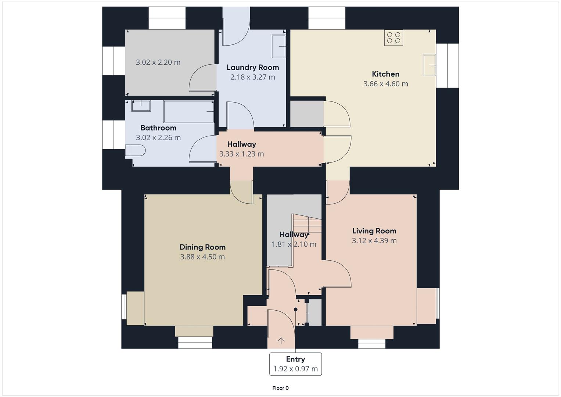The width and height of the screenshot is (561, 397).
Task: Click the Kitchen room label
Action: (385, 74)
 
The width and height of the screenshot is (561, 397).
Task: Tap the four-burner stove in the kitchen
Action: (393, 38)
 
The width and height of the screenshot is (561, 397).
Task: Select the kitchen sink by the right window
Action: (429, 65)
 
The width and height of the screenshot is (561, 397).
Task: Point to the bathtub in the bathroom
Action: (188, 111)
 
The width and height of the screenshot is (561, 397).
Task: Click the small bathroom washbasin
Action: (141, 106)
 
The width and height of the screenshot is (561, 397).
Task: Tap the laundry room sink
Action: (278, 46)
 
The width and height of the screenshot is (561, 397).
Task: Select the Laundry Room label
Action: (252, 67)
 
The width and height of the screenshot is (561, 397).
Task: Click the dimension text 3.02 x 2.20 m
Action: (158, 62)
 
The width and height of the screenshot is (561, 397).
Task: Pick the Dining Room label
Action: (202, 247)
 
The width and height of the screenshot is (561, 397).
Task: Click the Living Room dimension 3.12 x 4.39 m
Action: (374, 240)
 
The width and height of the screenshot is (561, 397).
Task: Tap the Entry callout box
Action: (295, 364)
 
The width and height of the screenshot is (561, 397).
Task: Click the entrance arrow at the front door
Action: (281, 341)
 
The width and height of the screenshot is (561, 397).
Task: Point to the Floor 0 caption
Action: (280, 388)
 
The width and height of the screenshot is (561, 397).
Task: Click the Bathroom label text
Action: (158, 128)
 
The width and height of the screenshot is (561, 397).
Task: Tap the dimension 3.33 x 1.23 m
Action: (241, 154)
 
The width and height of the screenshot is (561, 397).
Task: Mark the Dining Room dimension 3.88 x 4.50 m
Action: (202, 257)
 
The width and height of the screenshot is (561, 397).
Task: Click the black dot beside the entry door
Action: (295, 310)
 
